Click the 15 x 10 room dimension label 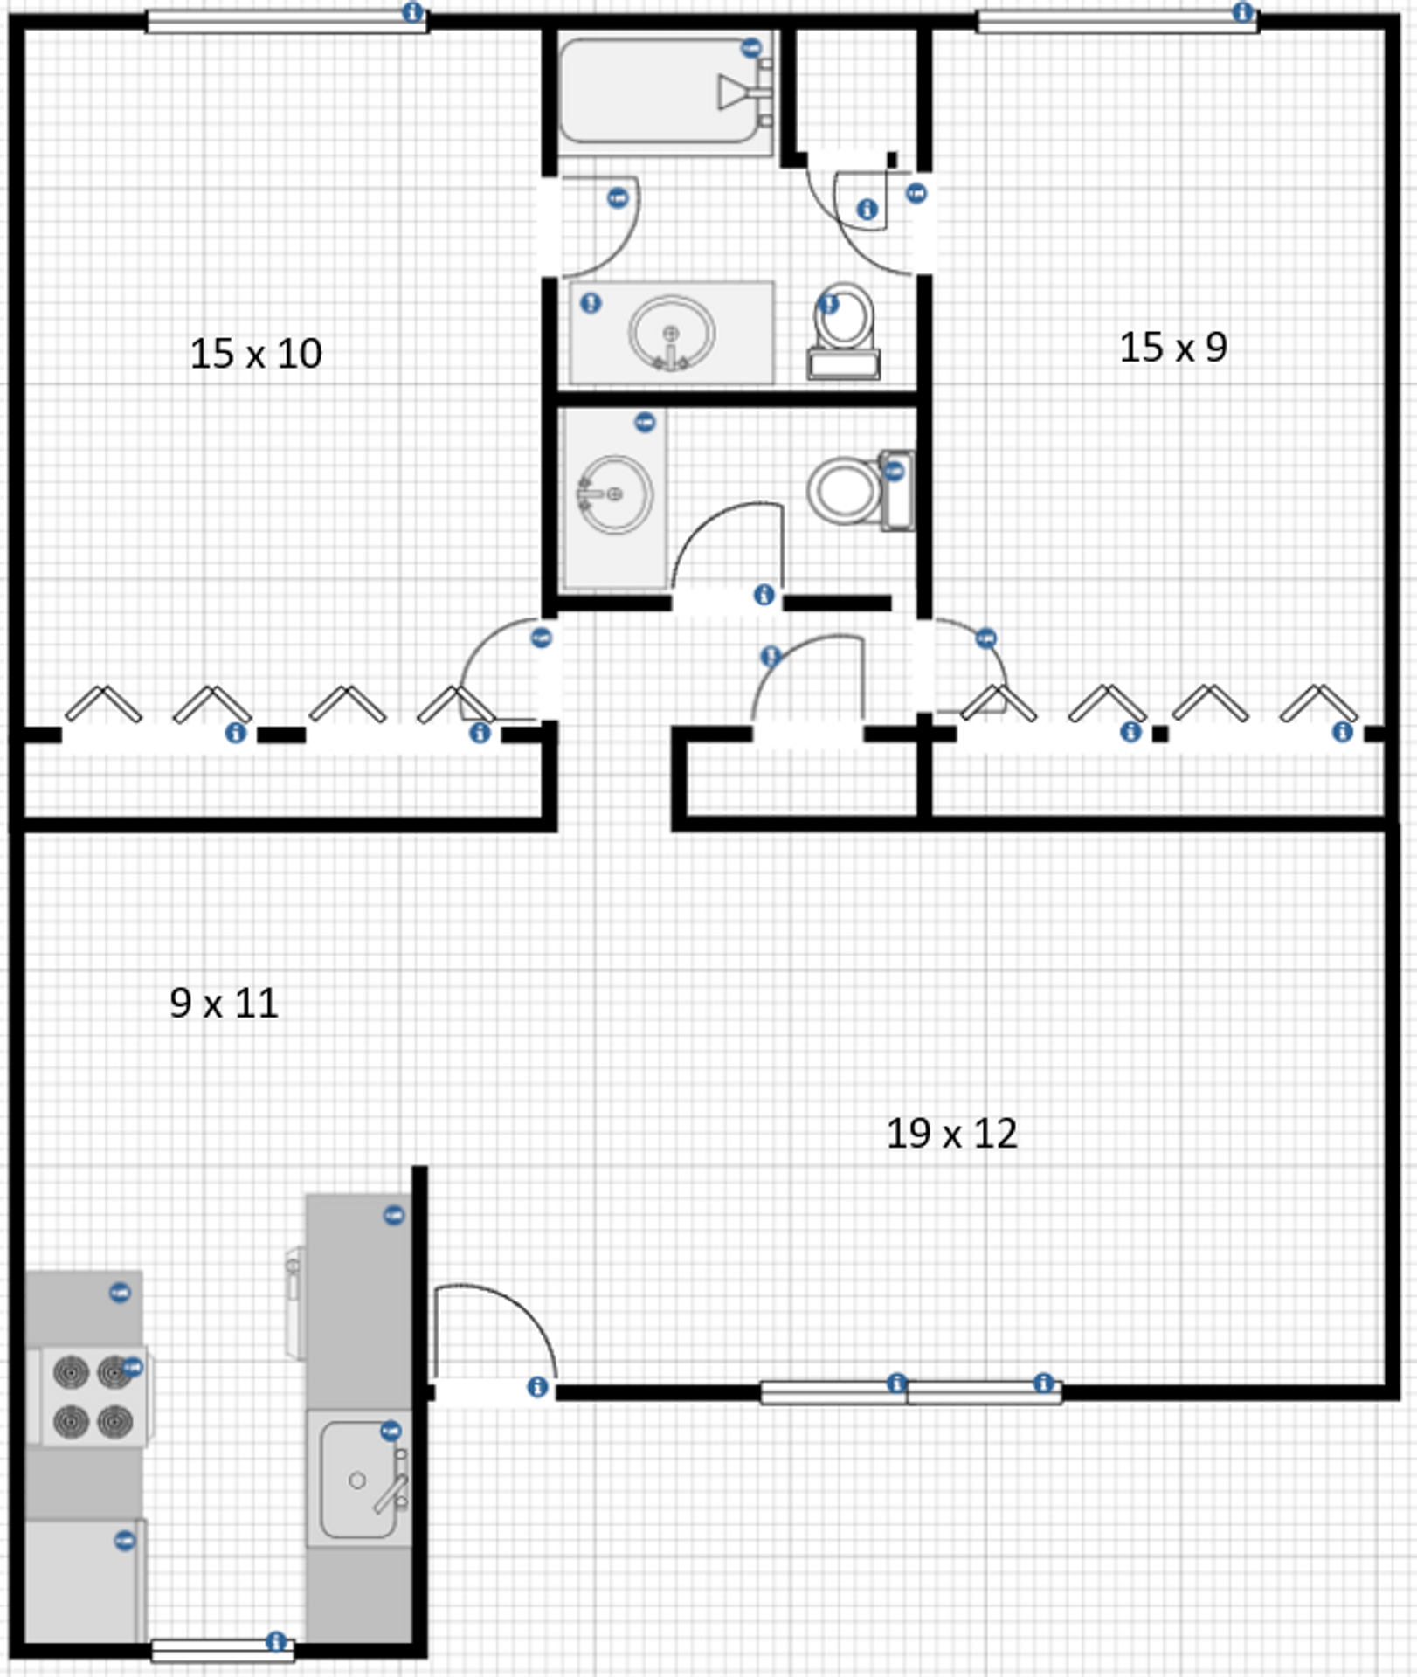point(256,354)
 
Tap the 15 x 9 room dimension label point(1173,348)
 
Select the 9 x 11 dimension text point(224,1003)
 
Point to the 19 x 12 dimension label point(951,1134)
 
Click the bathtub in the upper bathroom point(660,91)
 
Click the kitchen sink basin point(357,1480)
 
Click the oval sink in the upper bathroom point(671,333)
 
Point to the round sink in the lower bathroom point(615,494)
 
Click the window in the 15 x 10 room point(286,21)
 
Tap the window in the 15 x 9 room point(1116,21)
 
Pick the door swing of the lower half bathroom point(729,546)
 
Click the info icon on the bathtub point(750,47)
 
